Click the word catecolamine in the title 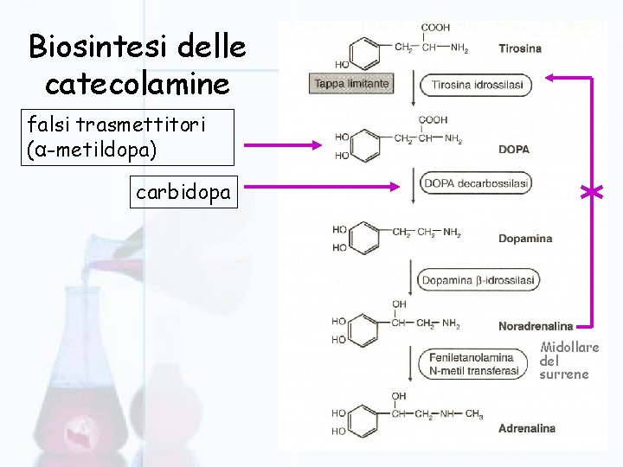137,85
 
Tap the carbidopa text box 183,192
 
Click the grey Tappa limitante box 350,84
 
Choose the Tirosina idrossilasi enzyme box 475,85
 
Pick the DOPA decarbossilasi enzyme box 475,183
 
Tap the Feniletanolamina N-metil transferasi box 473,363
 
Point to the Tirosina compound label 519,48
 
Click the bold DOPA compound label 513,150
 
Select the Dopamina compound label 524,239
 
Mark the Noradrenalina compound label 535,326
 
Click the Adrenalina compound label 526,428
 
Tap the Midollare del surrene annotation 568,361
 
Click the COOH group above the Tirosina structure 435,28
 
